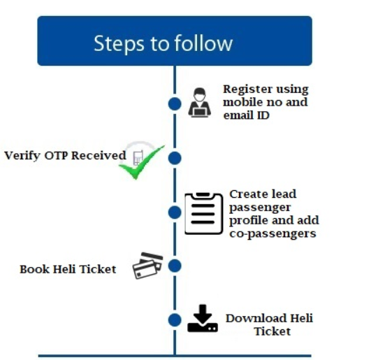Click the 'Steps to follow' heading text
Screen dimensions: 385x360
(163, 43)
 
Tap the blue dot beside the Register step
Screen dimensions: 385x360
(175, 103)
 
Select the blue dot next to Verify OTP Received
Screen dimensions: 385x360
(175, 158)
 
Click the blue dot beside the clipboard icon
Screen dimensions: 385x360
(175, 213)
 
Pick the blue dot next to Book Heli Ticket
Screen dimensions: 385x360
(175, 266)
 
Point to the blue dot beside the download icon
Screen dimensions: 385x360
(175, 319)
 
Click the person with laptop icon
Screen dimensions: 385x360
(200, 103)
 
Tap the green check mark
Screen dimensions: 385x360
(141, 163)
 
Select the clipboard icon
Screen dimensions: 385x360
(204, 213)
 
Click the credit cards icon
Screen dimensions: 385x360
(148, 266)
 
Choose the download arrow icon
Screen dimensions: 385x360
(203, 319)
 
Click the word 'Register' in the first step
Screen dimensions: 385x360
(248, 89)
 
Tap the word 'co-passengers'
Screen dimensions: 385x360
(273, 233)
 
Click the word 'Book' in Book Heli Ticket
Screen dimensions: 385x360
(34, 269)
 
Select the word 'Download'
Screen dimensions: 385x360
(256, 318)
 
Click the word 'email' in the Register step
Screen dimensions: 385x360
(238, 115)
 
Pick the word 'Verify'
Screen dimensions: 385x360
(22, 156)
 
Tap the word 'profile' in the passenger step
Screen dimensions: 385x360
(249, 221)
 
